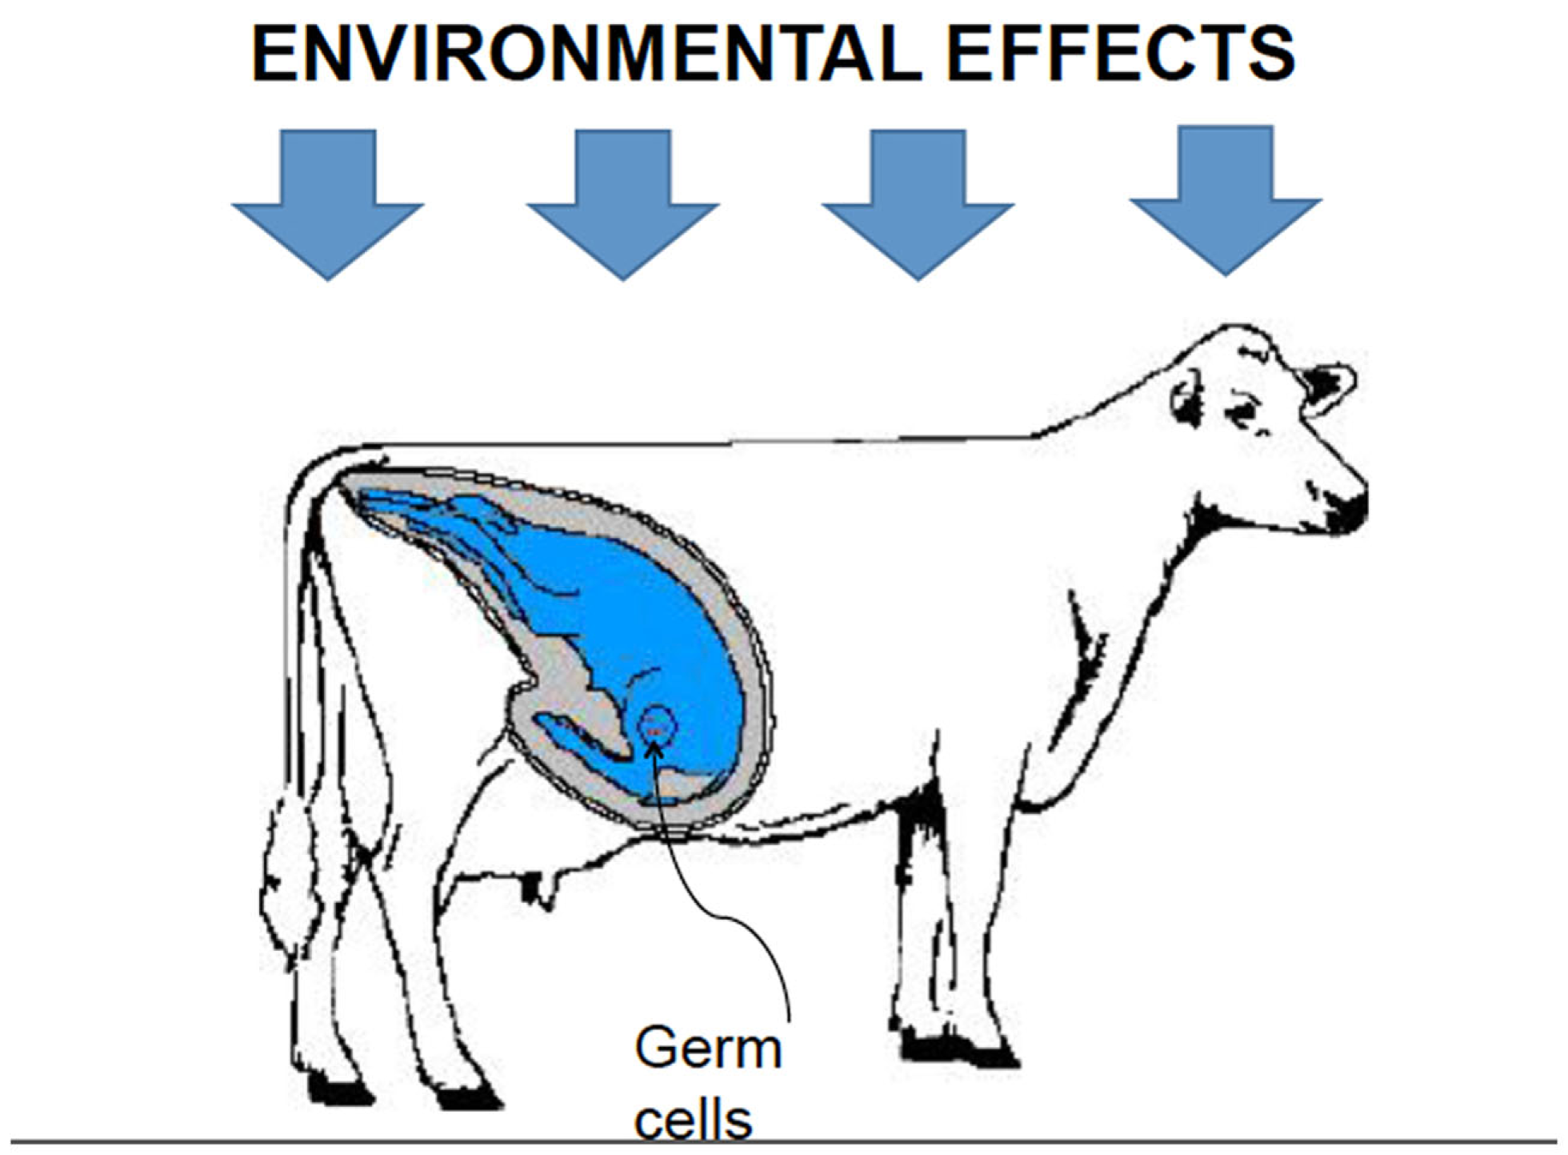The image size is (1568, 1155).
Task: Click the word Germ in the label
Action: (x=707, y=1049)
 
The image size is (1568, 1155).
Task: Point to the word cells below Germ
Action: (x=693, y=1121)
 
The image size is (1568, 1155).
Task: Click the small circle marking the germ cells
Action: (x=658, y=726)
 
